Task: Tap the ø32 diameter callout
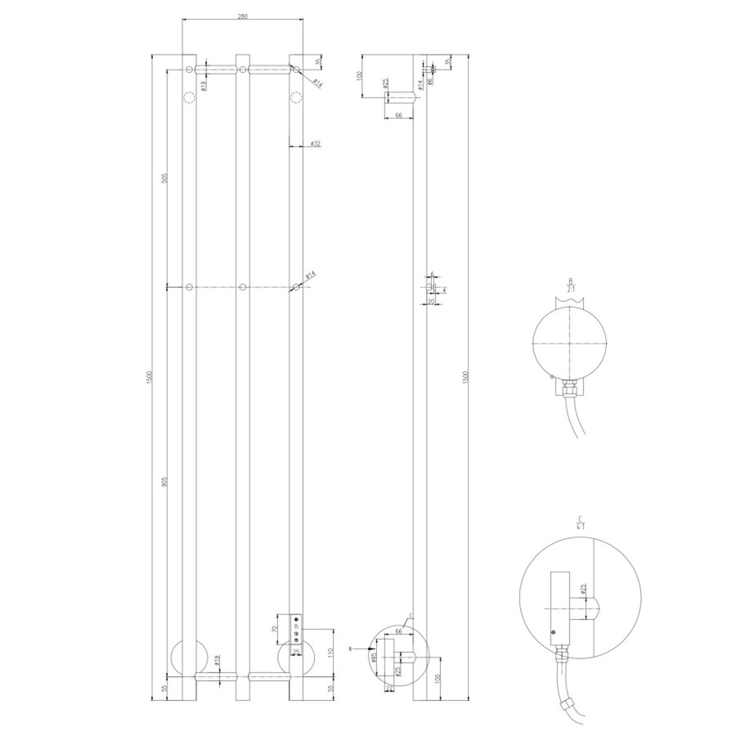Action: [x=313, y=145]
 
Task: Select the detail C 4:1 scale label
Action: [x=579, y=523]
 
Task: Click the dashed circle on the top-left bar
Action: [x=190, y=99]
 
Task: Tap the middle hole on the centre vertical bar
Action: [x=243, y=287]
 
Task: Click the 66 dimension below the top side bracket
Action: [x=397, y=117]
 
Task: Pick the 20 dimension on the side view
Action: [x=430, y=302]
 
